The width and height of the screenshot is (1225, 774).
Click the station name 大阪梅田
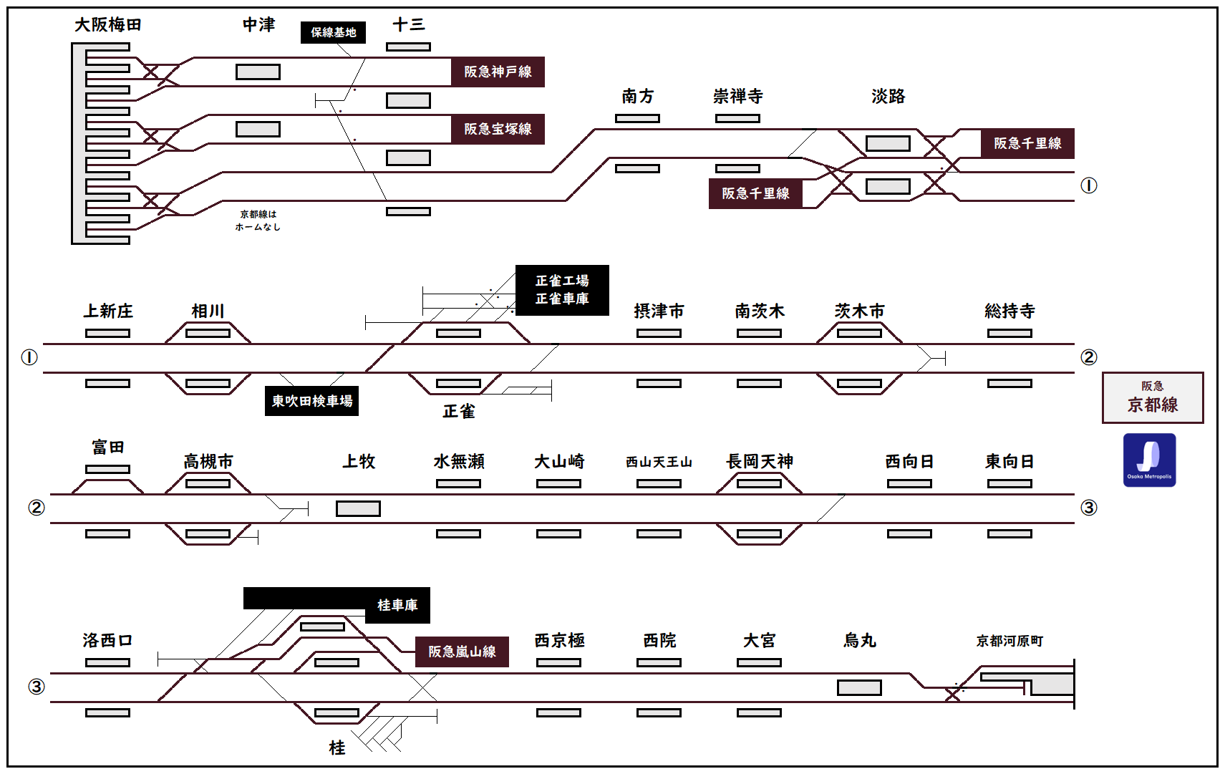tap(108, 25)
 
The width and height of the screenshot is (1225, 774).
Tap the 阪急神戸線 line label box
tap(498, 72)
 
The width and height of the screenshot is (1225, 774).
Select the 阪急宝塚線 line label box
tap(498, 129)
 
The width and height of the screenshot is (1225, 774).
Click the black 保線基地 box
tap(333, 32)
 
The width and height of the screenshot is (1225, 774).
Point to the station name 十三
tap(409, 25)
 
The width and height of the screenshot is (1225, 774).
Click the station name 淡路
tap(889, 97)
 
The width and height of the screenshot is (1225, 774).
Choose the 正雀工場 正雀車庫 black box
tap(562, 290)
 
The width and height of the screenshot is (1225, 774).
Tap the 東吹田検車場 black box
tap(311, 401)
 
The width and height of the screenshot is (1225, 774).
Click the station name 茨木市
tap(859, 311)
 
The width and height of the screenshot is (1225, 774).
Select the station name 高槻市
tap(208, 462)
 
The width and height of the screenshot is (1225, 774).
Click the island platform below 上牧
tap(358, 508)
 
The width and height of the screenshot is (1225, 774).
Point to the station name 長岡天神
tap(760, 462)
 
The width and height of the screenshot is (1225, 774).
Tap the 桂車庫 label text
tap(397, 606)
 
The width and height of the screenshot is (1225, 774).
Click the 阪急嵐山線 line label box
tap(462, 652)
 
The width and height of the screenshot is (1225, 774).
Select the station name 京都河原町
tap(1009, 641)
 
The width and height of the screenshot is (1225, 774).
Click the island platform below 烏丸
tap(859, 687)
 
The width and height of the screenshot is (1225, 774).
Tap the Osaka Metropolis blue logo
tap(1149, 460)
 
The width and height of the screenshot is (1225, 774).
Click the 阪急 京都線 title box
tap(1153, 397)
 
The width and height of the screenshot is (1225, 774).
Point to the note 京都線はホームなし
tap(258, 221)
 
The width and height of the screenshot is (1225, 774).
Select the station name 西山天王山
tap(659, 463)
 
